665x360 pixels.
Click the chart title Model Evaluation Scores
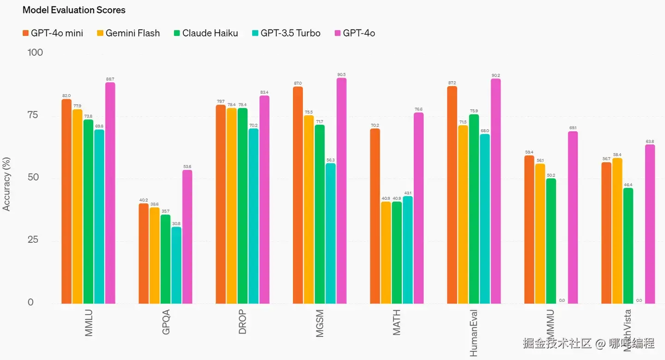(74, 10)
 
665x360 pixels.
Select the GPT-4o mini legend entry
(53, 33)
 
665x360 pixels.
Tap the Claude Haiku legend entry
(206, 33)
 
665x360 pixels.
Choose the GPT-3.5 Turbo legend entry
(286, 33)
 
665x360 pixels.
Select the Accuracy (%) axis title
(6, 184)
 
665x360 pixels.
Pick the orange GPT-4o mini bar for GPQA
(144, 253)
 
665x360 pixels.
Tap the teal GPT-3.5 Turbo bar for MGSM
(331, 234)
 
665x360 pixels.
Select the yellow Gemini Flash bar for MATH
(386, 253)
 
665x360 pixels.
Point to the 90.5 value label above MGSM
(341, 74)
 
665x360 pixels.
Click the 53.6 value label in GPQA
(187, 167)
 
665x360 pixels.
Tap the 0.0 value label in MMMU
(562, 300)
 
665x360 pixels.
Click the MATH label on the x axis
(397, 322)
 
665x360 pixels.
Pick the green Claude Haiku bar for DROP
(242, 206)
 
